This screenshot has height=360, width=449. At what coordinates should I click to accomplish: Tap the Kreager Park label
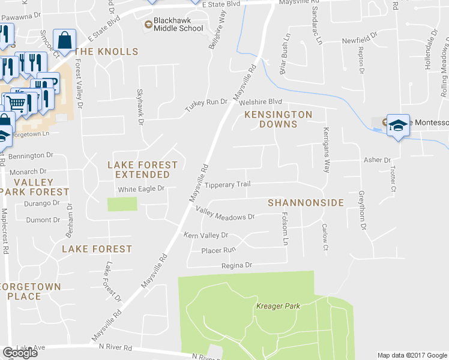coord(277,306)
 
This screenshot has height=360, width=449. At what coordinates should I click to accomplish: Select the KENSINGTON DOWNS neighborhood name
coord(278,119)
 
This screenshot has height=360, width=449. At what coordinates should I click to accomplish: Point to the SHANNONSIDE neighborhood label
coord(306,203)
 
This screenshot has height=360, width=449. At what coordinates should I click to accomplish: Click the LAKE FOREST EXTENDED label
coord(142,169)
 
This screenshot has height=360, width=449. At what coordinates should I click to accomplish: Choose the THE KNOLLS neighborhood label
coord(106,52)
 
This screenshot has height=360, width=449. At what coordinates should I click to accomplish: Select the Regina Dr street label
coord(237,265)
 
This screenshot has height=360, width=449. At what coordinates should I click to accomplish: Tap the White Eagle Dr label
coord(141,189)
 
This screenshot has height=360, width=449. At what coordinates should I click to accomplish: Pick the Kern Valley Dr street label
coord(206,235)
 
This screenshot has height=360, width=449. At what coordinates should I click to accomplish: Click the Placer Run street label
coord(218,250)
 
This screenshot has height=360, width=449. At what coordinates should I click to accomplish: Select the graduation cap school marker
coord(397,125)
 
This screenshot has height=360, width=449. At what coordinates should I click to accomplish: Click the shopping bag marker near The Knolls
coord(64,41)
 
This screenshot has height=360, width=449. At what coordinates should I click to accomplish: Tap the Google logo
coord(20,353)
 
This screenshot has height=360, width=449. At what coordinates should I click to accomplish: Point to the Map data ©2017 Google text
coord(412,355)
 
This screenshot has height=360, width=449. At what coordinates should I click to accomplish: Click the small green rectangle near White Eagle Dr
coord(122,204)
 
